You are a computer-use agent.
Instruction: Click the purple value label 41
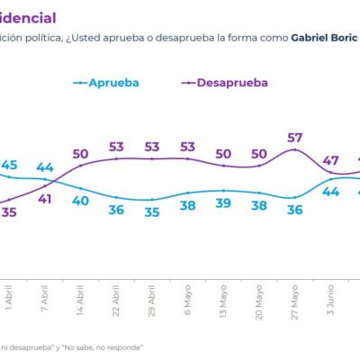pos(45,200)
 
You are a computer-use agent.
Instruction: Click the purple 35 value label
pos(10,212)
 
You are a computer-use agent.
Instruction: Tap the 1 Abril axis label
pos(10,295)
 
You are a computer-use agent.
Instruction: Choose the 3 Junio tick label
pos(330,295)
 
